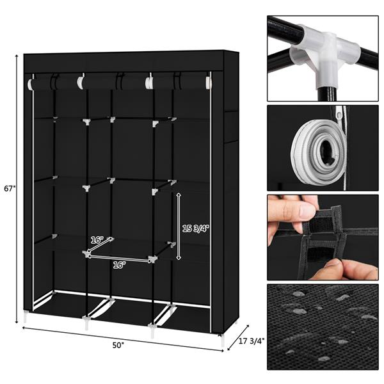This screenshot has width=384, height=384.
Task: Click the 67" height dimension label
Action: click(x=10, y=189)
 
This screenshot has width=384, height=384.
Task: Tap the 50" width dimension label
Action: click(x=118, y=346)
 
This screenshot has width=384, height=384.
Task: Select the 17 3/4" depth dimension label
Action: click(x=252, y=341)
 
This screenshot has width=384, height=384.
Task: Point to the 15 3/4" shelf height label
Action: click(x=196, y=228)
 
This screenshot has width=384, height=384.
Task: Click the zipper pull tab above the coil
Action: click(x=339, y=113)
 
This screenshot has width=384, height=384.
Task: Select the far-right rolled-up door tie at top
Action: click(x=209, y=83)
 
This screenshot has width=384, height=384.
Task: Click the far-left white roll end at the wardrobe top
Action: click(x=30, y=84)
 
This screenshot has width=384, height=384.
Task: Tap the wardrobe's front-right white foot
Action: click(x=222, y=340)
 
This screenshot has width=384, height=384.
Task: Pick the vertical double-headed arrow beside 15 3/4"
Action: click(x=179, y=226)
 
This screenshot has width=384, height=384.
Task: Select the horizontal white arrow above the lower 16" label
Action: click(x=120, y=259)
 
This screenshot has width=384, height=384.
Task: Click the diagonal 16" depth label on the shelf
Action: click(x=97, y=240)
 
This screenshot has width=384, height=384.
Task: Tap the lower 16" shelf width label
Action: click(x=120, y=265)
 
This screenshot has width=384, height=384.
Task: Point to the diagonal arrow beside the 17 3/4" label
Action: click(x=238, y=338)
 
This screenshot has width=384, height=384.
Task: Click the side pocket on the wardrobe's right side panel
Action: click(x=231, y=127)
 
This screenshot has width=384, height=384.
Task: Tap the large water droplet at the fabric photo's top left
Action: click(x=298, y=294)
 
